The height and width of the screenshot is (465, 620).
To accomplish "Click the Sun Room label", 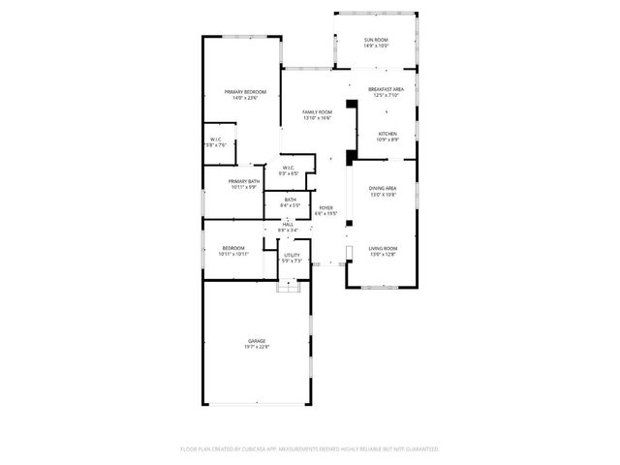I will click(376, 40).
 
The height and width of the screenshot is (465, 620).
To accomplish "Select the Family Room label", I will click(317, 112).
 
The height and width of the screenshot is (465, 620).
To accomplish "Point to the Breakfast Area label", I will click(386, 89).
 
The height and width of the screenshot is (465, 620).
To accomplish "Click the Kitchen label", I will click(387, 134).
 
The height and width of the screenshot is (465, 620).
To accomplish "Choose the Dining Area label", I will click(383, 188).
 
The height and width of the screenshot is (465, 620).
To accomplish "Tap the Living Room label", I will click(383, 249).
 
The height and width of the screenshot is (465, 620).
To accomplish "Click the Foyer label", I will click(326, 207).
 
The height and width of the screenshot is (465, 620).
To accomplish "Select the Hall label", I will click(289, 224).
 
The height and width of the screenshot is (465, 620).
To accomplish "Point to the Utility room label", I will click(292, 255).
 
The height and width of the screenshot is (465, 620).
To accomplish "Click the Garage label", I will click(257, 341).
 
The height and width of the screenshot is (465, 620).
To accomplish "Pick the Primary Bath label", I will click(243, 181).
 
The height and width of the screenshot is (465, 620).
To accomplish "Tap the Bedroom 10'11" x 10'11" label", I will click(234, 249).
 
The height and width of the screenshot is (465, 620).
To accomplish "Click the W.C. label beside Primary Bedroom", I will click(216, 140).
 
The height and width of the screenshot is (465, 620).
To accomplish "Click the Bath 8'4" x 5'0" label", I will click(291, 200).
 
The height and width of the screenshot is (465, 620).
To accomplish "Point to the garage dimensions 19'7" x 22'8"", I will click(257, 347).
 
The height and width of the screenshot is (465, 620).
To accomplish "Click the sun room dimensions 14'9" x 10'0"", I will click(376, 46).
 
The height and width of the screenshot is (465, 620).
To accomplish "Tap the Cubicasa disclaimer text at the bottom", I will click(310, 449).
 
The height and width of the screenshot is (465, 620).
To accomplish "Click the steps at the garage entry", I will click(289, 287).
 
